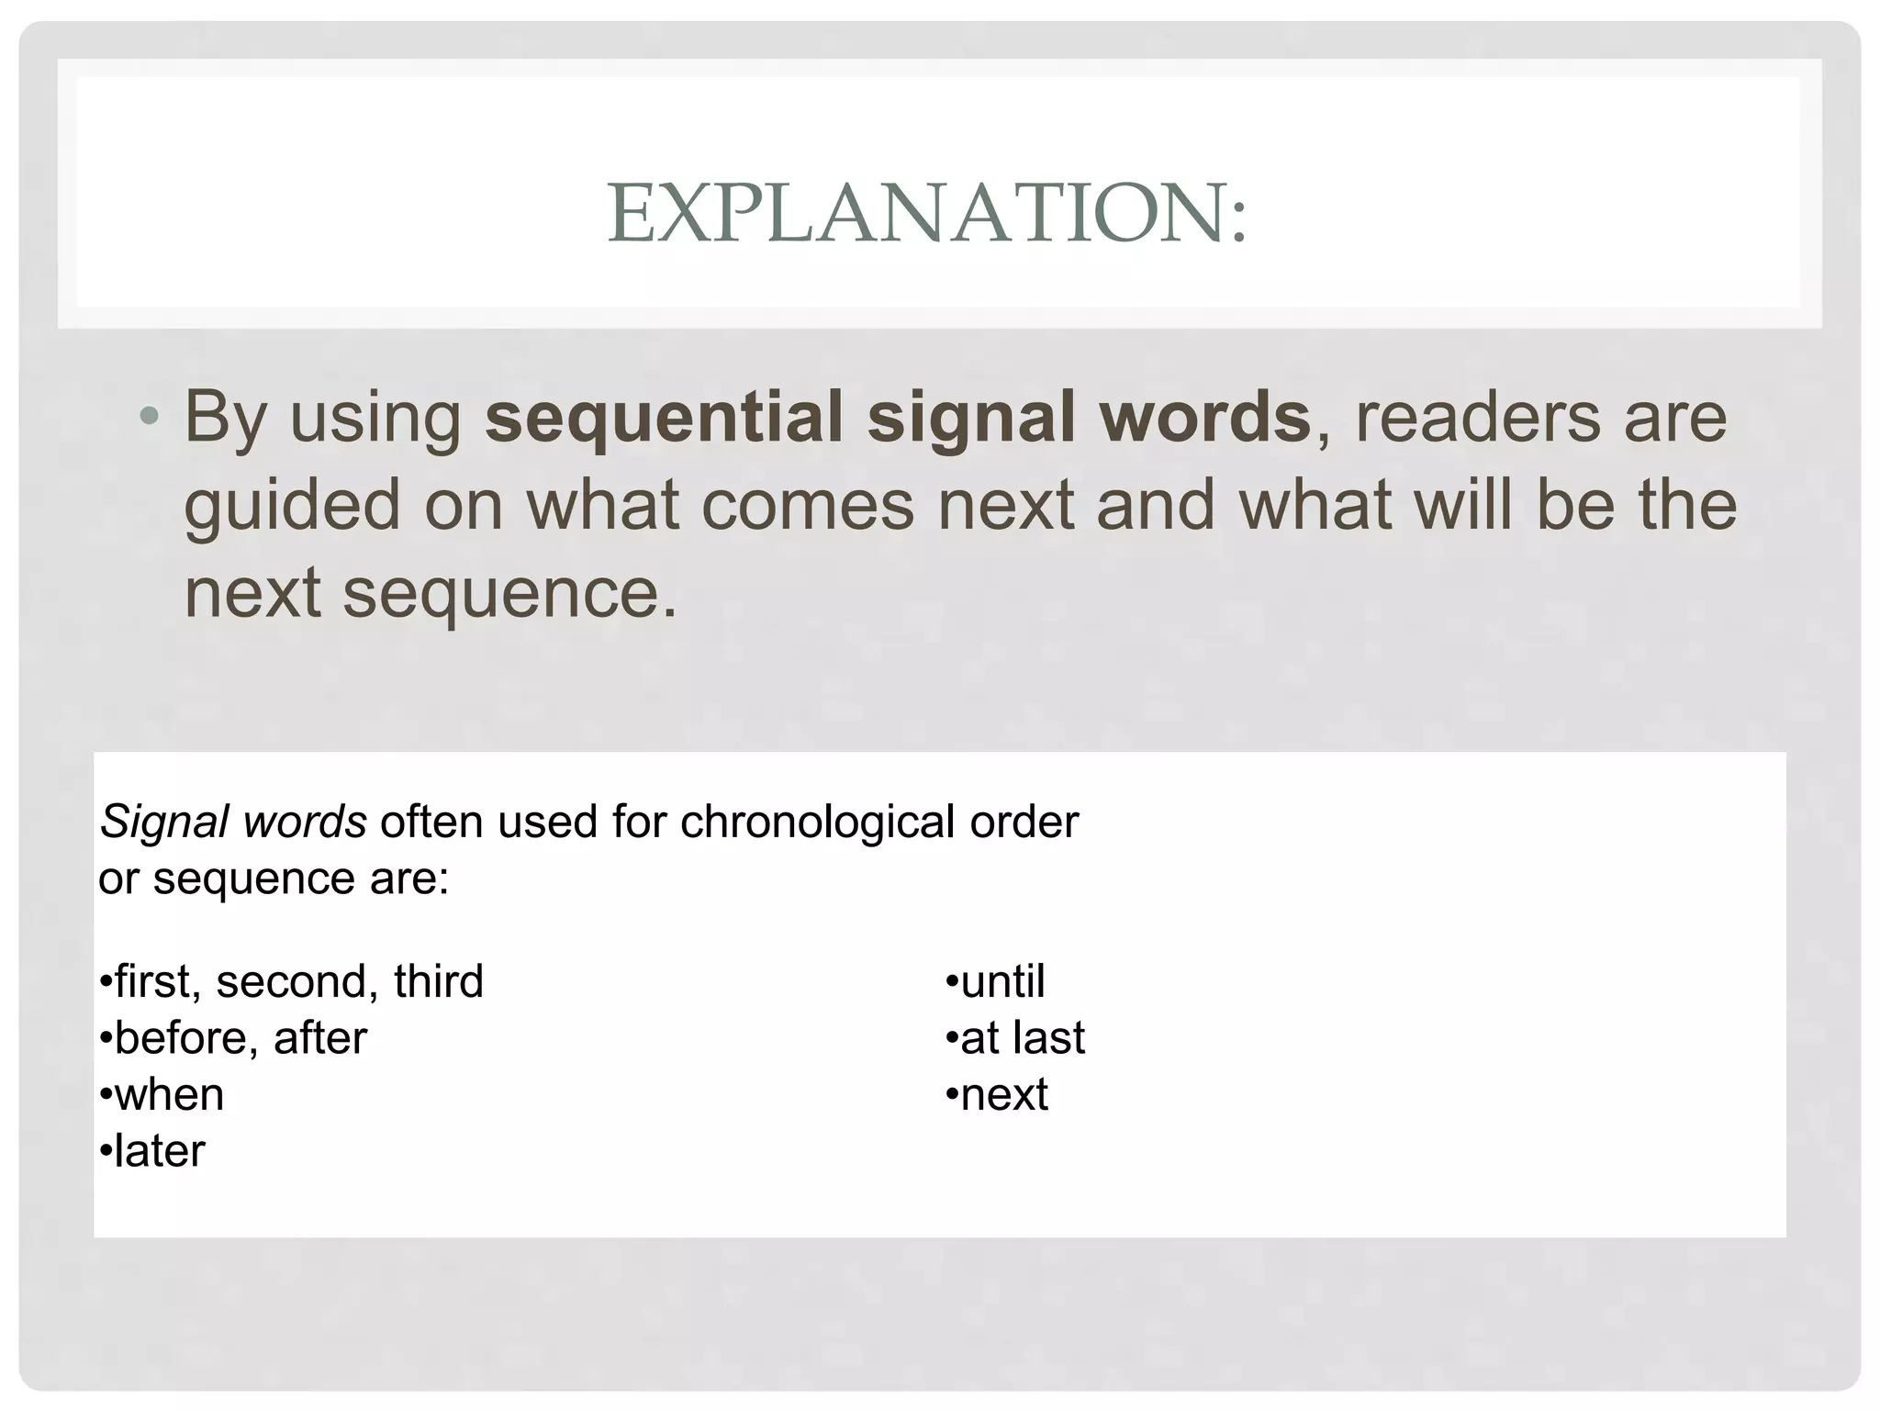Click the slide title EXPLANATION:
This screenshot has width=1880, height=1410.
point(927,213)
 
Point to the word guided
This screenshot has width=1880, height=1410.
point(292,506)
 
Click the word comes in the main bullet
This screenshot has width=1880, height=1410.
point(808,506)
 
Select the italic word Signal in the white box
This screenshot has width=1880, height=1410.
point(163,822)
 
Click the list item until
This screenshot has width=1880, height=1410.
point(1002,981)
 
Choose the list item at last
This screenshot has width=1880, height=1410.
point(1021,1038)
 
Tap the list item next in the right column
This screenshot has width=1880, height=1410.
point(1003,1095)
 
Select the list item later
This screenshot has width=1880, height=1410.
point(159,1151)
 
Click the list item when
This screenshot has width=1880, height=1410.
point(168,1095)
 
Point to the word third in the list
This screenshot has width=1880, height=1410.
point(438,981)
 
